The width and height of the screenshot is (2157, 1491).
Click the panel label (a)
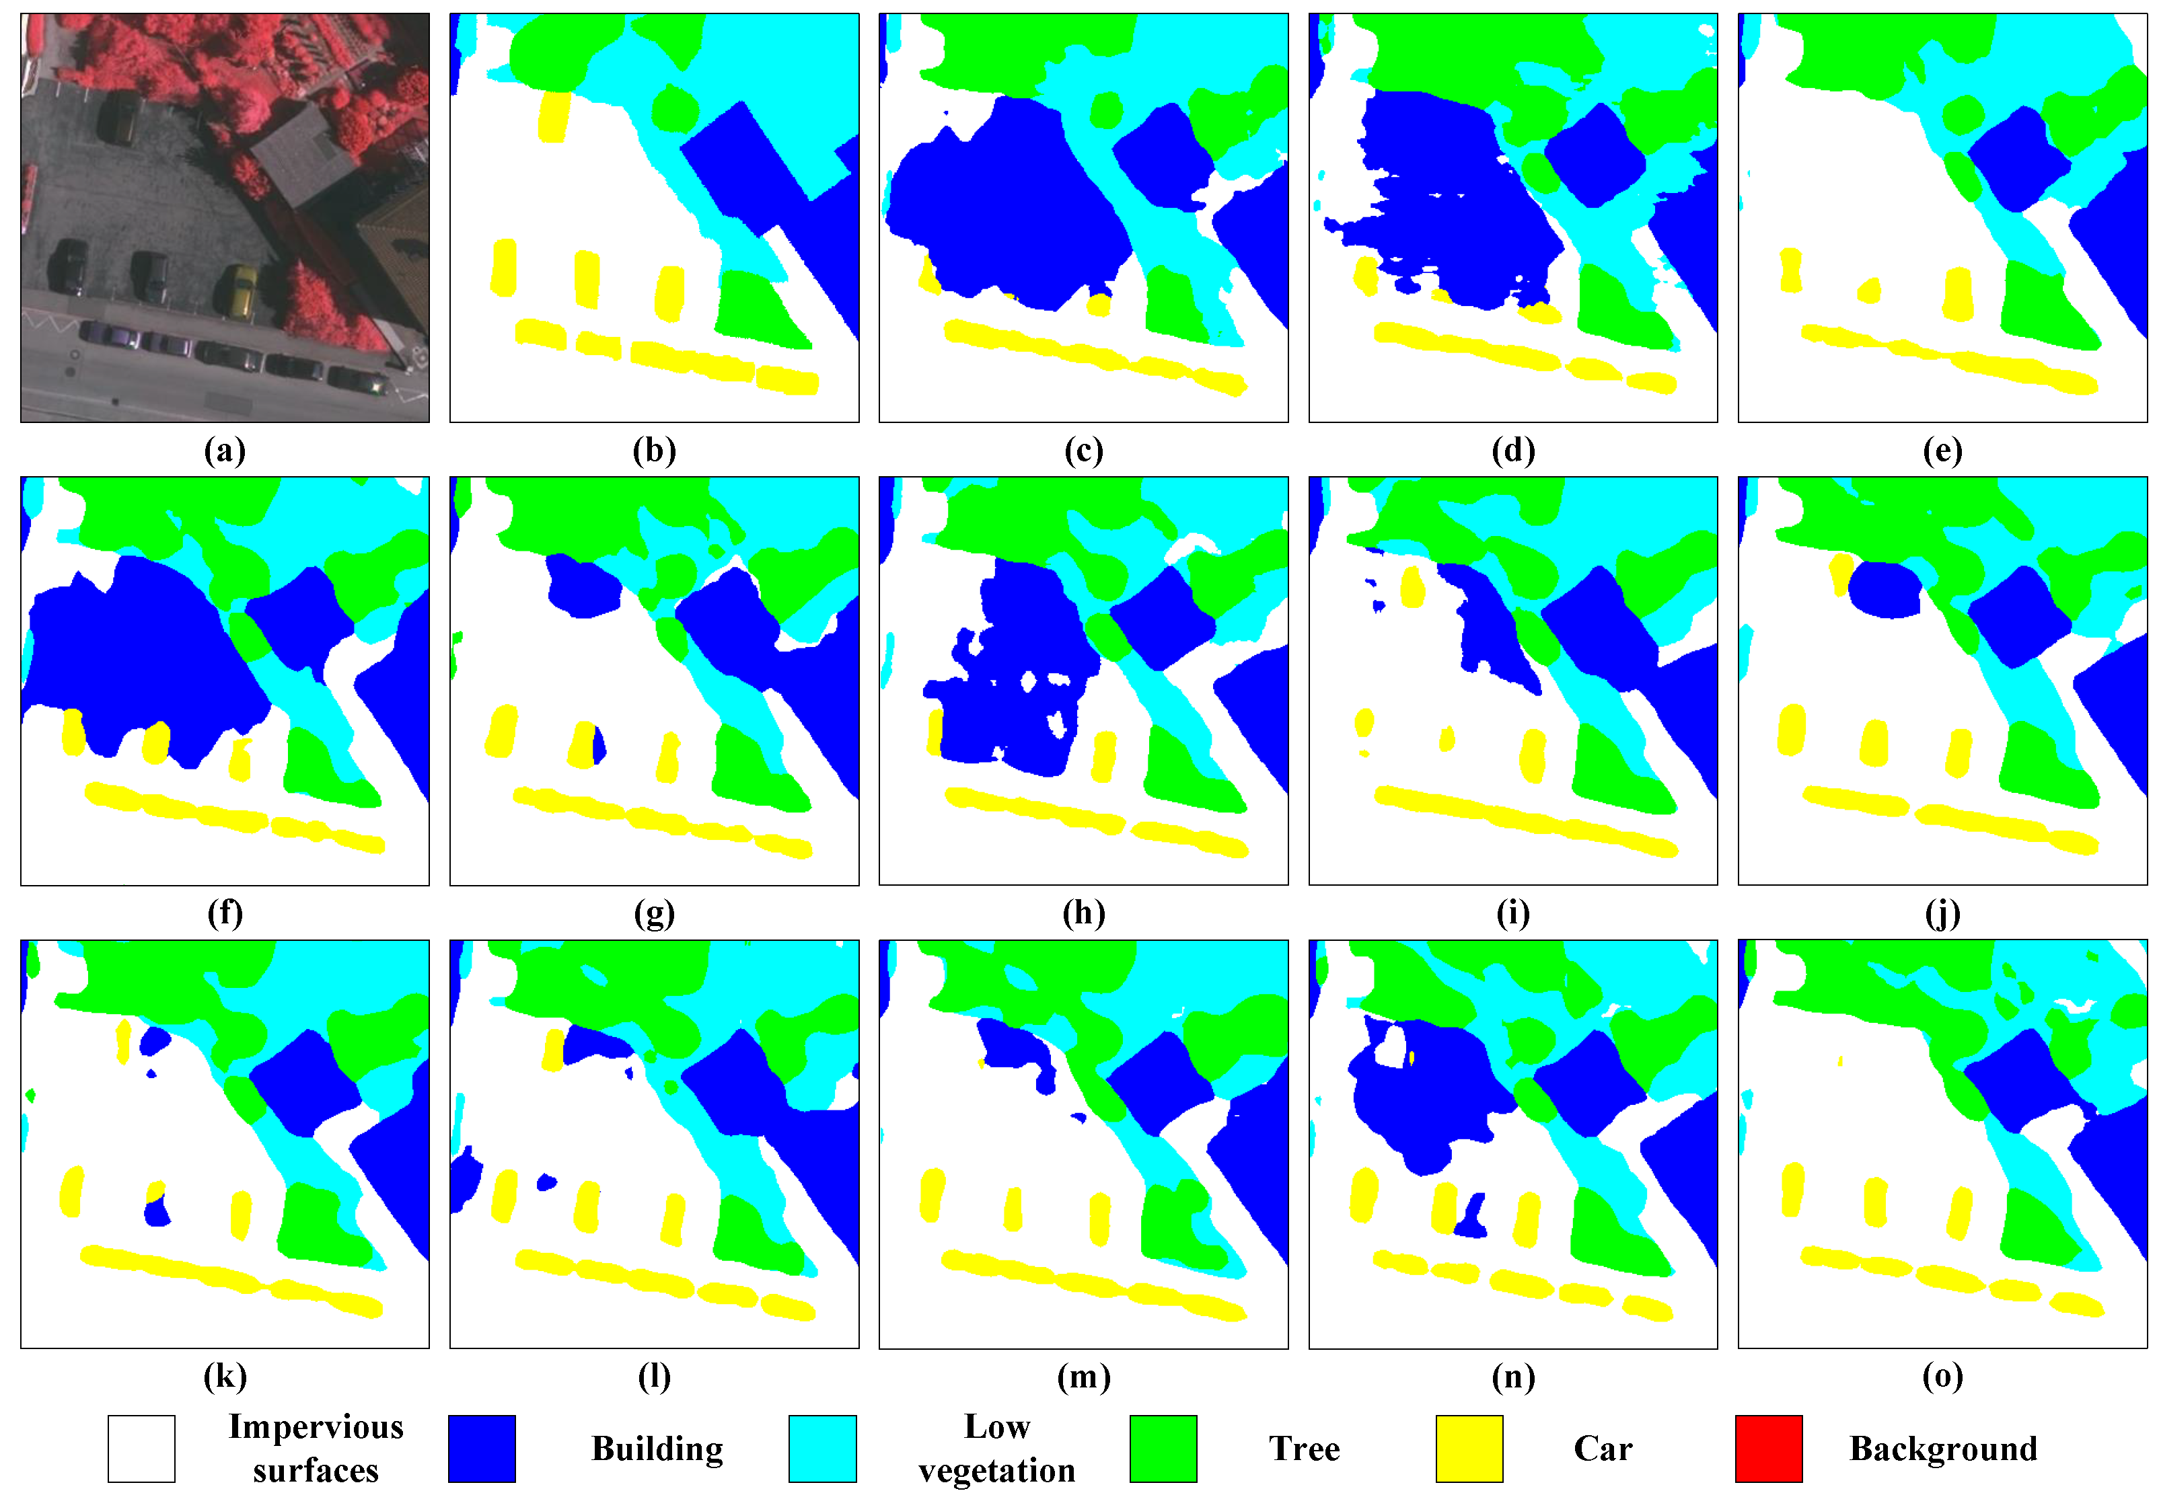point(224,451)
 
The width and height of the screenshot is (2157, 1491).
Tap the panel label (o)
point(1942,1375)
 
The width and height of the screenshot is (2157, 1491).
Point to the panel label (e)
point(1942,451)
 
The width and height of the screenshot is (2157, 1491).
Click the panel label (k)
point(224,1375)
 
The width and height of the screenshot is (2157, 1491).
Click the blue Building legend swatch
point(481,1448)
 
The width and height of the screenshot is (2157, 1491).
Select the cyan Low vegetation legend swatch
point(821,1448)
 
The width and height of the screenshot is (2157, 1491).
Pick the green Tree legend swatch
point(1163,1448)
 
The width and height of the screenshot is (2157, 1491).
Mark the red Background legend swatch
point(1768,1448)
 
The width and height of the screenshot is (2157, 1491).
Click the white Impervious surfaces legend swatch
point(141,1448)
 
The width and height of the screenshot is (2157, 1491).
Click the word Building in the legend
point(657,1448)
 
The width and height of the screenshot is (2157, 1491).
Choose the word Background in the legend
point(1943,1448)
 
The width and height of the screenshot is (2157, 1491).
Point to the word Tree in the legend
point(1304,1448)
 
